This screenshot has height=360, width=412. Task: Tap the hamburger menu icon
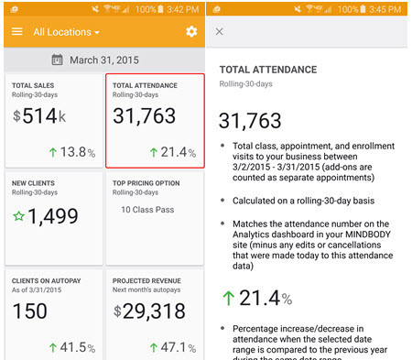16,31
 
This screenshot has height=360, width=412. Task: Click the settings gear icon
191,31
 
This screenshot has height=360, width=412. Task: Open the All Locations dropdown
67,32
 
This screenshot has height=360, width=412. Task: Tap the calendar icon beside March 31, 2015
58,60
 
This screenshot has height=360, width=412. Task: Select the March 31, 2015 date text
112,60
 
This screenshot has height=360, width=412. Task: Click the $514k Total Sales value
40,116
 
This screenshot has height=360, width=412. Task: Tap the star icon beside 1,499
19,216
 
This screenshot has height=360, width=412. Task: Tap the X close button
219,31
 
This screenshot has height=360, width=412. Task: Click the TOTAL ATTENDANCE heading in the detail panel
267,70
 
